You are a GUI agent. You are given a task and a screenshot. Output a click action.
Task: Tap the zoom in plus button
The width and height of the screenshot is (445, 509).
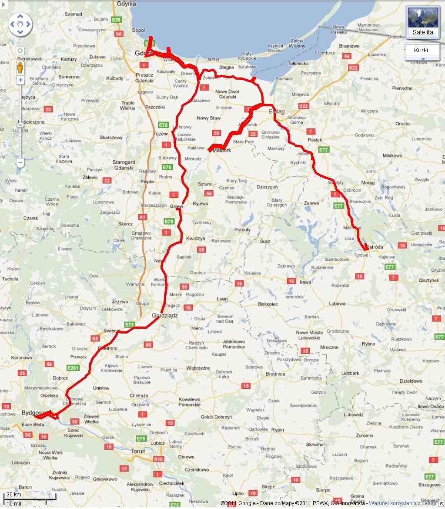pyautogui.click(x=20, y=80)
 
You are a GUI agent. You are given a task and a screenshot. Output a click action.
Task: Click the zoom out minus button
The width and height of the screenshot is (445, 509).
pyautogui.click(x=20, y=163)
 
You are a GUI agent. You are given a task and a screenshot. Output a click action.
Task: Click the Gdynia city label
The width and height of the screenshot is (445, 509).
pyautogui.click(x=127, y=4)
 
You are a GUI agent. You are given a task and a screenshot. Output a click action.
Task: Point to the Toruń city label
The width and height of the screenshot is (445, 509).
pyautogui.click(x=138, y=452)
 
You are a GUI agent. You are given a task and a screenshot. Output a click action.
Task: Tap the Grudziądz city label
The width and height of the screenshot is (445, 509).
pyautogui.click(x=165, y=316)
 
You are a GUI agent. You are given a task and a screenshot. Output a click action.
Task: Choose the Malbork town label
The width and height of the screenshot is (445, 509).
pyautogui.click(x=222, y=150)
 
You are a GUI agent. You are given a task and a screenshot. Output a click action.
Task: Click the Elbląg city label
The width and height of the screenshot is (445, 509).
pyautogui.click(x=277, y=111)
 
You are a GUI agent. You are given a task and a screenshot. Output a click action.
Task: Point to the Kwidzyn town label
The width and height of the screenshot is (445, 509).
pyautogui.click(x=195, y=239)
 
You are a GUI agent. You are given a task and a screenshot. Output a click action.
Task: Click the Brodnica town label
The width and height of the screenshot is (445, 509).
pyautogui.click(x=275, y=374)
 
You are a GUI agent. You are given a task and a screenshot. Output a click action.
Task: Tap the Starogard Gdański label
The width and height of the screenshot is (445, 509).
pyautogui.click(x=124, y=165)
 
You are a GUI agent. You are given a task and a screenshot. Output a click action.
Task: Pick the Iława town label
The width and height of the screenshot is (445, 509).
pyautogui.click(x=306, y=282)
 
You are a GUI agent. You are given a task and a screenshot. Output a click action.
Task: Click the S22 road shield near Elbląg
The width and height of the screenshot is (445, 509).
pyautogui.click(x=303, y=106)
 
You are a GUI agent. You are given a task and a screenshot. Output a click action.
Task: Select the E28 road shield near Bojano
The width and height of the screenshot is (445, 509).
pyautogui.click(x=116, y=20)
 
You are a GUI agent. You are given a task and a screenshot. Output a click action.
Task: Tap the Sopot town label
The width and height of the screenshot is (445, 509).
pyautogui.click(x=139, y=30)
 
